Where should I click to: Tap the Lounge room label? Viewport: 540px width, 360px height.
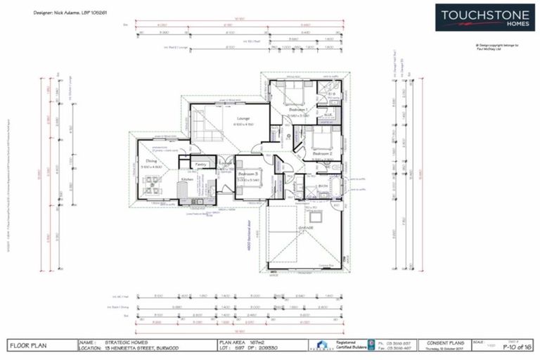244,118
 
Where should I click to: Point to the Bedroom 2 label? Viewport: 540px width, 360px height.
322,153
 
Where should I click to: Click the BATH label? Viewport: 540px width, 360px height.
323,186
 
